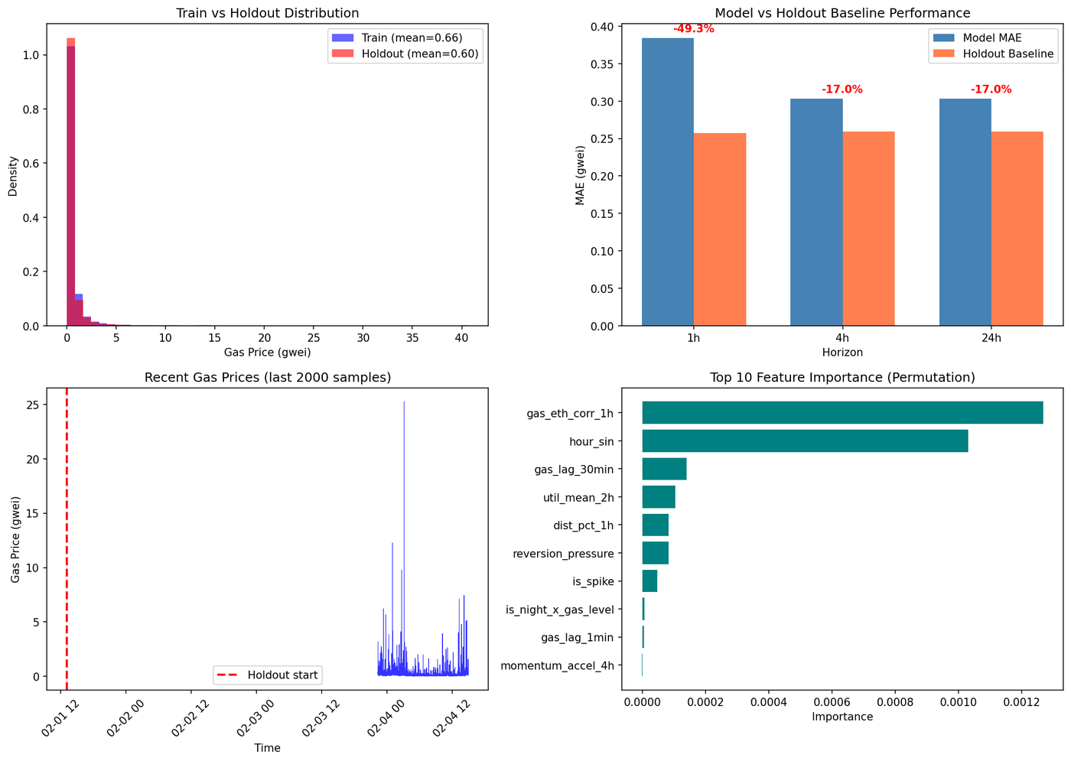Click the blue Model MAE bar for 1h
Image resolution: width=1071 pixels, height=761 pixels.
point(667,182)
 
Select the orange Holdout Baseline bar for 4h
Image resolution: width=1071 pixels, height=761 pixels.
point(868,229)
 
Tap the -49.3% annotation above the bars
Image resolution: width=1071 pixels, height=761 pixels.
point(693,29)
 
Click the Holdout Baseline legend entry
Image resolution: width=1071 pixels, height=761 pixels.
point(993,54)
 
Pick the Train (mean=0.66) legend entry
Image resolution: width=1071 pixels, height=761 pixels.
point(397,37)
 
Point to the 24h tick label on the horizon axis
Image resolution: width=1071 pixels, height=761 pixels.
point(991,338)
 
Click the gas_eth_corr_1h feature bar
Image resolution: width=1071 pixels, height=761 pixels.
point(842,412)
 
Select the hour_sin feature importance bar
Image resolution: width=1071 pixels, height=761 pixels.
point(805,441)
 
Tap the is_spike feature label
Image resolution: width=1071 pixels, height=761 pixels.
point(593,581)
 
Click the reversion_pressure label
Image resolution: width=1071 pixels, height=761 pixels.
point(563,554)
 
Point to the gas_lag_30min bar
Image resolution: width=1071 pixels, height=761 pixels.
point(664,468)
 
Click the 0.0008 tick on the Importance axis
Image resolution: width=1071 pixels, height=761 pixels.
point(895,702)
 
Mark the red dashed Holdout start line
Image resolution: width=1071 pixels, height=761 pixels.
point(67,538)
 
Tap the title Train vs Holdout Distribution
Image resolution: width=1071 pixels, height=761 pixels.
point(267,13)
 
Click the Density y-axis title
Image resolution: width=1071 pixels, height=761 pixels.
point(12,176)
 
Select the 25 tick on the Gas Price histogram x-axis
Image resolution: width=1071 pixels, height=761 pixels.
point(314,338)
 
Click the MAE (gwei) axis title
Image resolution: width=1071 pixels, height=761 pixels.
point(580,175)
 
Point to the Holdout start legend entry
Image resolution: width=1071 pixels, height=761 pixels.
point(268,675)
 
